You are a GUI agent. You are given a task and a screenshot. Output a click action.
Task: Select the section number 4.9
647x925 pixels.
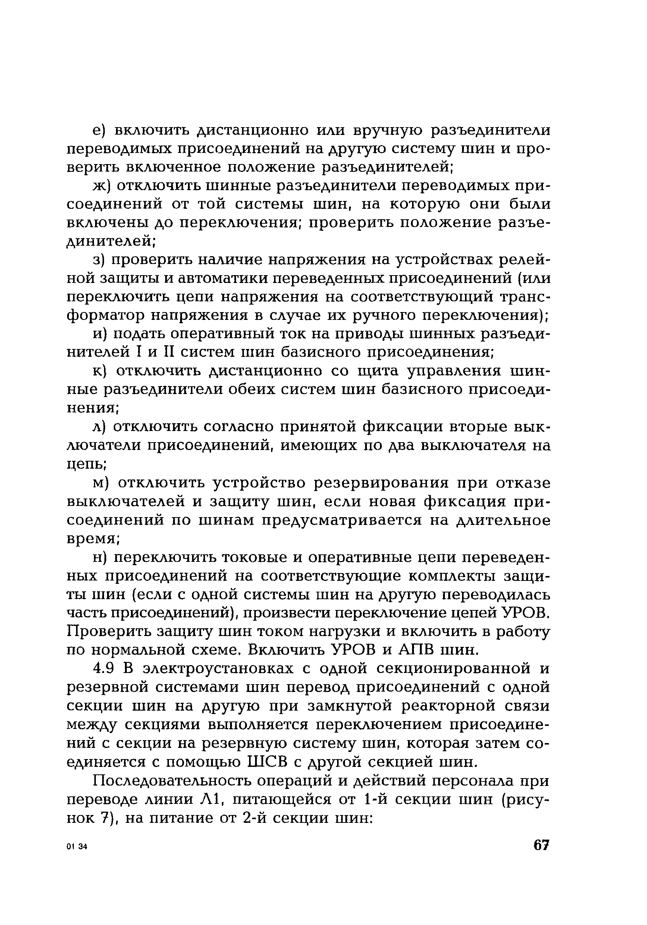[x=104, y=668]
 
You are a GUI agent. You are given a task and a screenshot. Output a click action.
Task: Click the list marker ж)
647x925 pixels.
[x=101, y=186]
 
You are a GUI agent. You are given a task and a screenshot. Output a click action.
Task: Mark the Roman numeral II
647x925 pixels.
[x=167, y=353]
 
